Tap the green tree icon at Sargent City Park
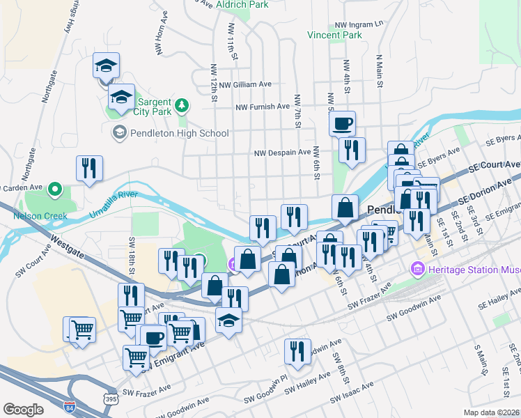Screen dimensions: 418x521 pos(182,105)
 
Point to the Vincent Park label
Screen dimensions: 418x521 pos(335,34)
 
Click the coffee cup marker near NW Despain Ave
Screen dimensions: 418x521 pos(342,125)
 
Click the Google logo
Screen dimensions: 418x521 pos(23,409)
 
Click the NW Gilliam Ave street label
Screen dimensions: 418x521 pos(244,84)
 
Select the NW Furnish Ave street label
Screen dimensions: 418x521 pos(262,107)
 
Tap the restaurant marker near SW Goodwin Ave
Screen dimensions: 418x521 pos(298,352)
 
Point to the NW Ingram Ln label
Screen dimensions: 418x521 pos(359,24)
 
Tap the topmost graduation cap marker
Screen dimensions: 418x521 pos(106,66)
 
